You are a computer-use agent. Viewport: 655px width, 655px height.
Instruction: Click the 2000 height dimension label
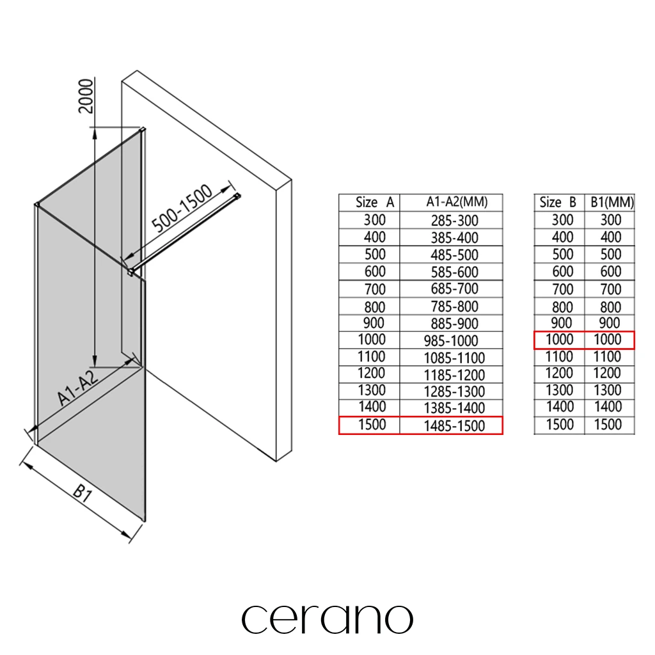point(86,96)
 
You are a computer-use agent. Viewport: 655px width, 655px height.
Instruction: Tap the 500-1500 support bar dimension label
point(182,208)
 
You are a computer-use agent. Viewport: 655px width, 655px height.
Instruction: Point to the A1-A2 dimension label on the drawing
point(78,387)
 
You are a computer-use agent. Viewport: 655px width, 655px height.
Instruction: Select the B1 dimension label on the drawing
point(83,493)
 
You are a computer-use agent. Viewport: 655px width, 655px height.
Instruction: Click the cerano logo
point(327,619)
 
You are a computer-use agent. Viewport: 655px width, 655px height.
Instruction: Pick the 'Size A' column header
point(375,203)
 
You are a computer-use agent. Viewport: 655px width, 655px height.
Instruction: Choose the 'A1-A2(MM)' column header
point(457,202)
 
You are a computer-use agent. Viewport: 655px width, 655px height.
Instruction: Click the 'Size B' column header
point(558,203)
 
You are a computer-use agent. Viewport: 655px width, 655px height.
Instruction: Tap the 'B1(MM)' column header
point(612,203)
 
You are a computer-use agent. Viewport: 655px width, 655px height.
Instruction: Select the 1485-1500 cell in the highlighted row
point(455,426)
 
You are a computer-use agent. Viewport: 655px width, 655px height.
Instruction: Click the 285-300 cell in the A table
point(455,221)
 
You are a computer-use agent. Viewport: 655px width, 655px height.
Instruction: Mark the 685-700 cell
point(455,288)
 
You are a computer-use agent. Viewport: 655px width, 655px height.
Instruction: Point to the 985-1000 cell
point(451,341)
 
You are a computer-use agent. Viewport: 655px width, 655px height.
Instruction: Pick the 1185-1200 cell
point(455,375)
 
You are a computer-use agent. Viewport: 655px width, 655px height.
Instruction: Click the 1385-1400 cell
point(455,408)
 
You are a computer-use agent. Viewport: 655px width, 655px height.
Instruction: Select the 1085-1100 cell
point(455,358)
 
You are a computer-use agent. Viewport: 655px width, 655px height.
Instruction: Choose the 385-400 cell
point(455,238)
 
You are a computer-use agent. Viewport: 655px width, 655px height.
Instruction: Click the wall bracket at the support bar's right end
point(237,196)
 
